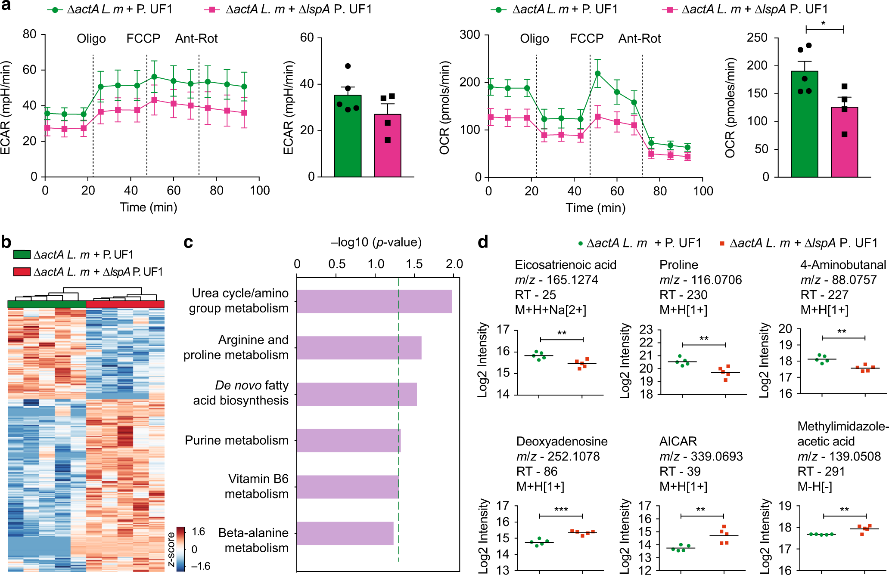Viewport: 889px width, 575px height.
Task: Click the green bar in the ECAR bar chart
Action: pos(348,136)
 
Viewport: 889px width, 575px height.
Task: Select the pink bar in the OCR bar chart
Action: pos(844,142)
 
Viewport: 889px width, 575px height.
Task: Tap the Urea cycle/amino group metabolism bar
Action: pos(374,301)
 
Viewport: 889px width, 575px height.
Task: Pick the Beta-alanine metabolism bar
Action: pos(345,533)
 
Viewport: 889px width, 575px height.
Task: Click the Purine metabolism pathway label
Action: pos(236,440)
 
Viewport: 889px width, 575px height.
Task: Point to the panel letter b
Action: pos(6,242)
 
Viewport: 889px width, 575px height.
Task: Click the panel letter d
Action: pos(483,242)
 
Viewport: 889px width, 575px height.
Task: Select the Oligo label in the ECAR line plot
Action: pos(91,39)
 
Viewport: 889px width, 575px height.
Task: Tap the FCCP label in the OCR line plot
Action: pos(586,39)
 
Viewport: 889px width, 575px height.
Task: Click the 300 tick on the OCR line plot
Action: pos(470,35)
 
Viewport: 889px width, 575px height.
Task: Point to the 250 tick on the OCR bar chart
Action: pos(757,38)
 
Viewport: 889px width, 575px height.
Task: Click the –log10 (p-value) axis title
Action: pos(376,242)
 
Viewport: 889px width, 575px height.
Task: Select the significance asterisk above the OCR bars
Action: pos(824,23)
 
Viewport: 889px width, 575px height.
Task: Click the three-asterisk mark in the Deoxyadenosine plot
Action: pos(561,510)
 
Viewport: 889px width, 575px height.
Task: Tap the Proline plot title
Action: pos(678,265)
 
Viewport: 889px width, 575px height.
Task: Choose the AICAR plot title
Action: pos(678,441)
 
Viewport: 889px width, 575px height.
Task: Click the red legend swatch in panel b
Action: pos(22,272)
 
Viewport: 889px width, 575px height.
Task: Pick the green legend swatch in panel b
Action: pos(22,254)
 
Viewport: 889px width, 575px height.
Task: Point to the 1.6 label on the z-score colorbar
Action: pos(198,532)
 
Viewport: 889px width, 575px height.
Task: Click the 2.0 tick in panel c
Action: pos(454,264)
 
